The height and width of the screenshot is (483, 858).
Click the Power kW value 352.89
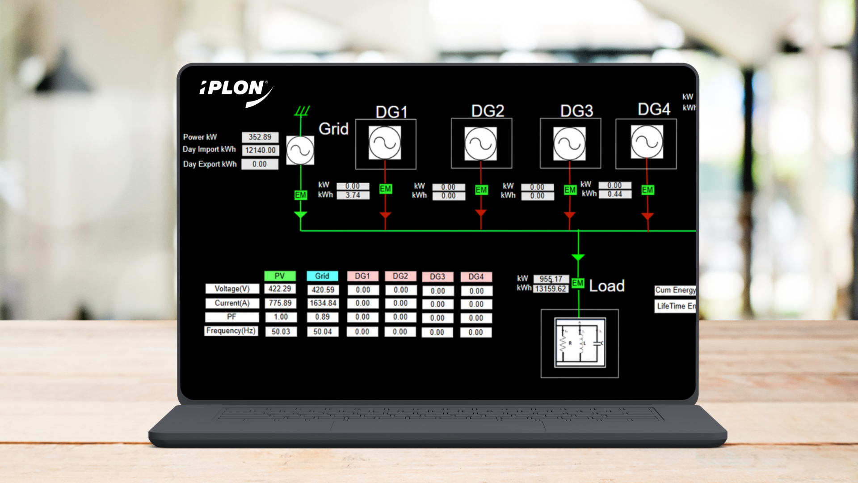260,137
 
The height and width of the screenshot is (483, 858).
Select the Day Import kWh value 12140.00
261,150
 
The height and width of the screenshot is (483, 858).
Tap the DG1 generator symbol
385,143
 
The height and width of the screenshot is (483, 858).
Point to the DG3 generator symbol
569,144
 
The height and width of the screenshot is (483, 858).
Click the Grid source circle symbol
300,150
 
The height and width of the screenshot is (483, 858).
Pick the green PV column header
280,276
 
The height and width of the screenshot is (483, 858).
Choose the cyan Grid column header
322,276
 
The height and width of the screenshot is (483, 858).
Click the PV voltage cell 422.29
280,289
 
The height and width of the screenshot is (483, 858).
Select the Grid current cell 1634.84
323,303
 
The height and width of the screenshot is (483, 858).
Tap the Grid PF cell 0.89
322,317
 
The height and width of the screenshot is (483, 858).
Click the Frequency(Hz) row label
231,331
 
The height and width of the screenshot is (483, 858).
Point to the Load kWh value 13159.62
551,289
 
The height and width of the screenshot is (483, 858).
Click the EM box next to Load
578,283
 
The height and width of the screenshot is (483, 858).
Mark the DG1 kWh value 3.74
353,195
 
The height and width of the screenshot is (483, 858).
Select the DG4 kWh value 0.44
615,194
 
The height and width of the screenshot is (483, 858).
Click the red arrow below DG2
481,213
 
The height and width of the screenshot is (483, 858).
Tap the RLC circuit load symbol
580,343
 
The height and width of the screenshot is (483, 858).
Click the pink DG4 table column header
476,277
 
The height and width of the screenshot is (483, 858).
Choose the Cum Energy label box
675,290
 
